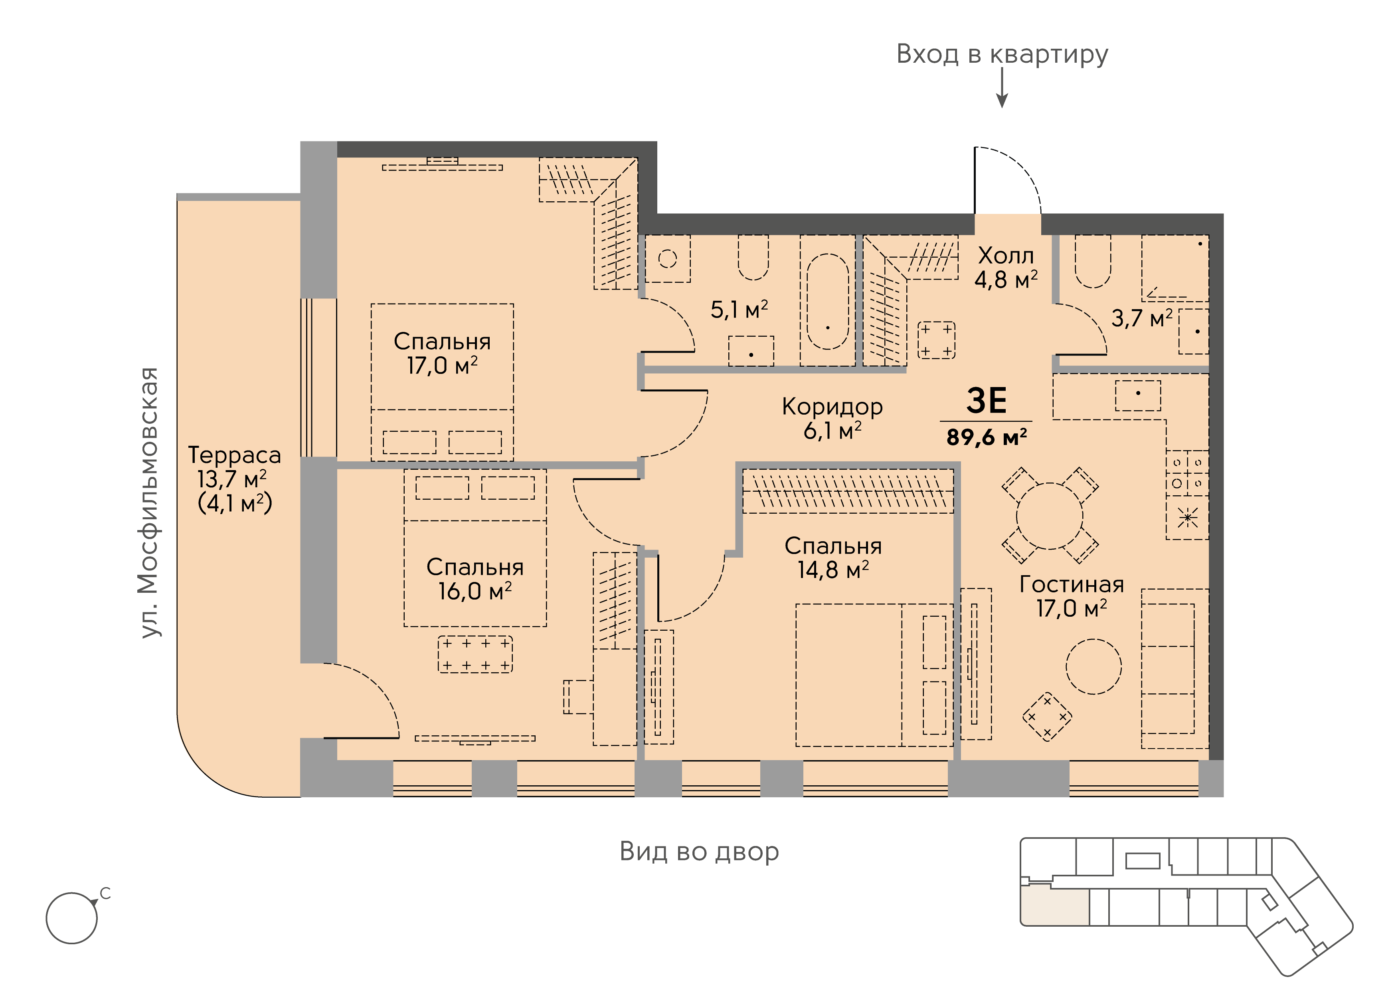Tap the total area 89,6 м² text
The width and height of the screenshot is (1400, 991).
987,437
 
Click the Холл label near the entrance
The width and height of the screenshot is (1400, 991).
1006,255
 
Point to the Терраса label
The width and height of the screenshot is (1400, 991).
235,455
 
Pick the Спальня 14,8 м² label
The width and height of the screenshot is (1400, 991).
833,558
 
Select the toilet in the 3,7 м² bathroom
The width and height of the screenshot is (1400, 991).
1093,262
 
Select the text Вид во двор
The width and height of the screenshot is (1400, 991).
699,851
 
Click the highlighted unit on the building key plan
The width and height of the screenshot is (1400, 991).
1055,908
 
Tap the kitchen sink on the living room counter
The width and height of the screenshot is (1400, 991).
1138,395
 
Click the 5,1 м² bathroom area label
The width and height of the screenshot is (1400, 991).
739,310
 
